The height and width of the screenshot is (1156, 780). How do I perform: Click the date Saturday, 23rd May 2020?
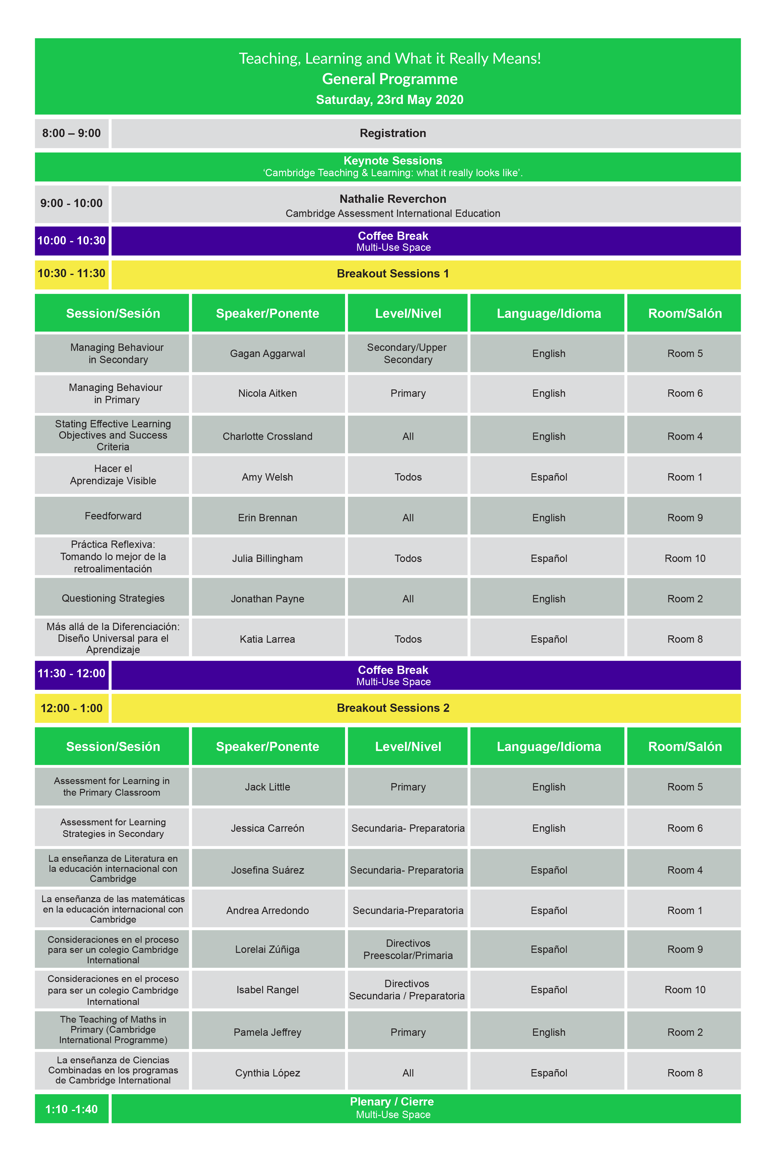pyautogui.click(x=389, y=99)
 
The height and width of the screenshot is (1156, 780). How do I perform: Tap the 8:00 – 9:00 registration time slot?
pyautogui.click(x=71, y=133)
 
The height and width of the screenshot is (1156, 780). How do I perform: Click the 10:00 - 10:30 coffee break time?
pyautogui.click(x=71, y=241)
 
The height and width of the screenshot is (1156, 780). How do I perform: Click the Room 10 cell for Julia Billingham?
pyautogui.click(x=685, y=559)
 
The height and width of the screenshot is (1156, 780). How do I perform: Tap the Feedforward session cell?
pyautogui.click(x=113, y=516)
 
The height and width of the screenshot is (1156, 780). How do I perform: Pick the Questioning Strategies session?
pyautogui.click(x=113, y=598)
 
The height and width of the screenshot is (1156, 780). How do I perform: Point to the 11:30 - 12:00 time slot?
pyautogui.click(x=71, y=674)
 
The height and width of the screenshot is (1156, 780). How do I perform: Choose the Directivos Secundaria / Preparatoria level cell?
pyautogui.click(x=407, y=990)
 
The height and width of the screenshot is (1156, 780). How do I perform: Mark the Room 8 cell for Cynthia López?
pyautogui.click(x=685, y=1073)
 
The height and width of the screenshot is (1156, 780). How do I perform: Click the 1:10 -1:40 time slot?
pyautogui.click(x=71, y=1109)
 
